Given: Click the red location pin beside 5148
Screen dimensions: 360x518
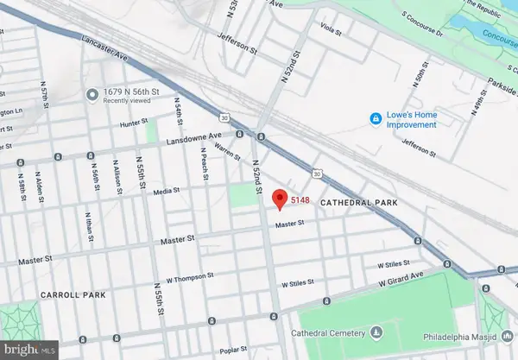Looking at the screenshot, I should (279, 199).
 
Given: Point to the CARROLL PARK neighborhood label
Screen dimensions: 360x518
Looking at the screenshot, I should (73, 295).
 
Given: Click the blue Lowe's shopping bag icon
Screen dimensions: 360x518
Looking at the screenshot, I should (376, 118).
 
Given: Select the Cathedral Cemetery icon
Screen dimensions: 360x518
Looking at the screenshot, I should (376, 332).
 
